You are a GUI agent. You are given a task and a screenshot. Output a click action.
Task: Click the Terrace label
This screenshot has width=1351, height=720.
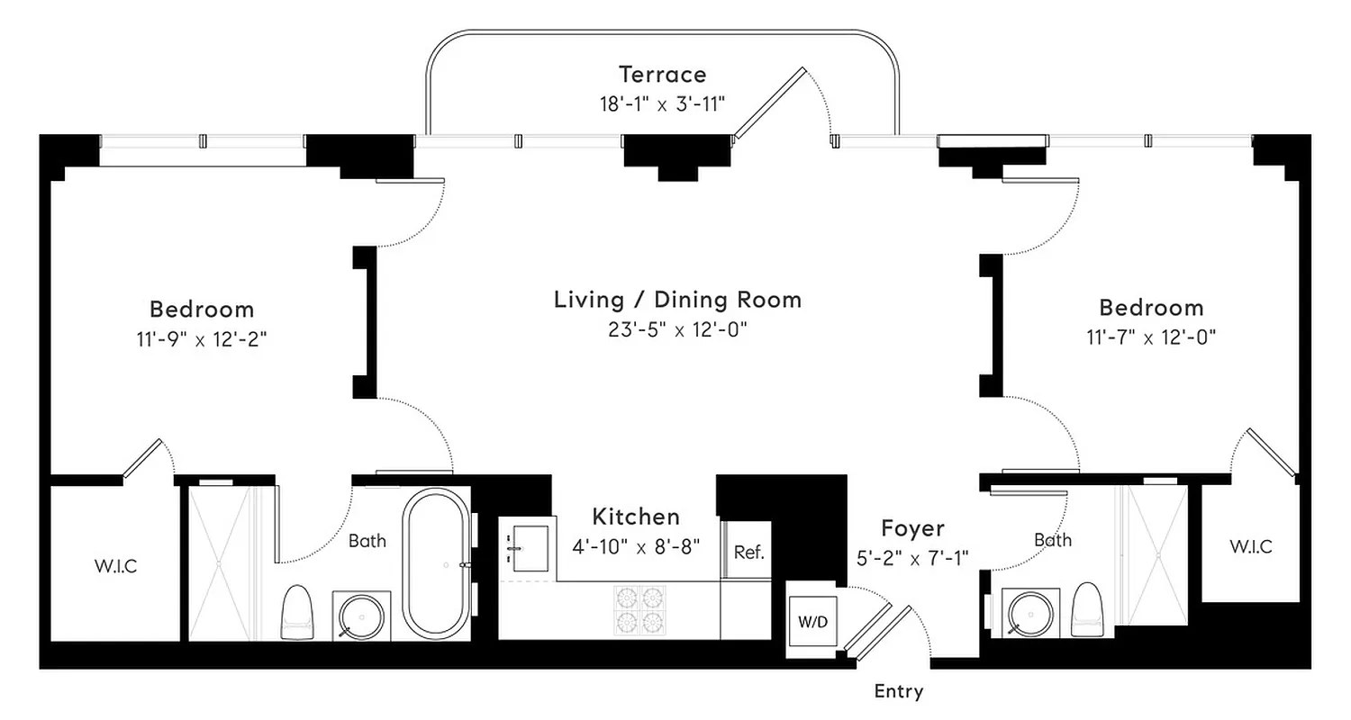click(x=662, y=74)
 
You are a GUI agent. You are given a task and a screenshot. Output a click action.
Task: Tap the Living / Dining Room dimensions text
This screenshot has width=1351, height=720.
click(x=677, y=330)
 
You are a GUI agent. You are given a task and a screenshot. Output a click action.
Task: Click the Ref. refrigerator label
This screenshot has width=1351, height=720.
click(x=748, y=553)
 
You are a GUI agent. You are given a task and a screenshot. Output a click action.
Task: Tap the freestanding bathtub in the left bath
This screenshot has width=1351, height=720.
click(x=437, y=563)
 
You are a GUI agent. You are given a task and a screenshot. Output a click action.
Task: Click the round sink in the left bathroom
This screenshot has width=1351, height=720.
click(x=361, y=616)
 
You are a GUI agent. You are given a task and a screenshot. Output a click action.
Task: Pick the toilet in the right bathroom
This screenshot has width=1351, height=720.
click(x=1088, y=608)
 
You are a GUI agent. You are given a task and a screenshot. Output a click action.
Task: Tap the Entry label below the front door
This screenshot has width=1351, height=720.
click(x=898, y=691)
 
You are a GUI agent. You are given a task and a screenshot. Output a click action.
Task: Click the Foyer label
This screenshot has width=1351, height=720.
click(x=912, y=528)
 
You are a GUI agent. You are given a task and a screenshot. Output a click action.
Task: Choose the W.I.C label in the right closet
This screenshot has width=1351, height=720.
click(x=1250, y=546)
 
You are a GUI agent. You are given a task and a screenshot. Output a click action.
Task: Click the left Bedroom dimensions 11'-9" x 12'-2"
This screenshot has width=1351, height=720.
click(x=202, y=340)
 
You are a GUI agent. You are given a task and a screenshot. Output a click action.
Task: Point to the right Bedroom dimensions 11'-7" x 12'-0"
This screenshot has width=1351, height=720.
click(x=1151, y=338)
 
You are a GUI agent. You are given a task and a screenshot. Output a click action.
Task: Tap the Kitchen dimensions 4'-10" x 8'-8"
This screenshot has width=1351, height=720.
click(x=635, y=546)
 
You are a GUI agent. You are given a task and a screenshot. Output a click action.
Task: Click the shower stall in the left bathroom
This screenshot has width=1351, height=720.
click(x=219, y=562)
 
